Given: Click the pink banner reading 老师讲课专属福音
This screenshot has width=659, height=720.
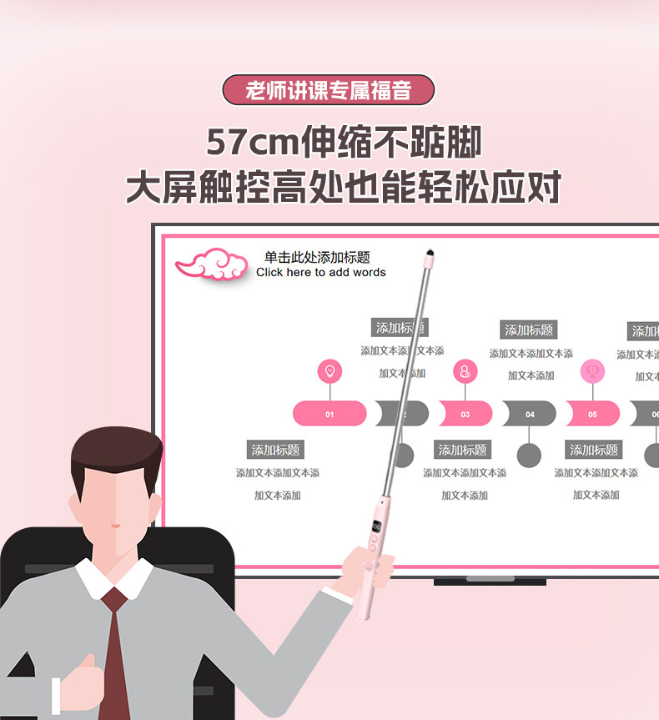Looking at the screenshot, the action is [329, 90].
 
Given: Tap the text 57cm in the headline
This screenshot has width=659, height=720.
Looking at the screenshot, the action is [252, 142].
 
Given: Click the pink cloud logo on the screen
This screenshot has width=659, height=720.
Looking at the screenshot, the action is [212, 264].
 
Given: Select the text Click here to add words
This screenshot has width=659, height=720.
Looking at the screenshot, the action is [321, 272].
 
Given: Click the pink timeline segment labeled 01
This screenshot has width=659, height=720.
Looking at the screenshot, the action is [329, 414].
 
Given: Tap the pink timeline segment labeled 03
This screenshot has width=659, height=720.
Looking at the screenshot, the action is [465, 414].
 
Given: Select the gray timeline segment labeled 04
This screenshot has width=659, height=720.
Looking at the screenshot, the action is [530, 414].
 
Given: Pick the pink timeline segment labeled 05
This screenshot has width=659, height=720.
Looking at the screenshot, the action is [592, 414].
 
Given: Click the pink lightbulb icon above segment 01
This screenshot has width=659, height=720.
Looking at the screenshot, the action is [329, 371].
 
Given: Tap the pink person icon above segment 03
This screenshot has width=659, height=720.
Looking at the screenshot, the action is [465, 371].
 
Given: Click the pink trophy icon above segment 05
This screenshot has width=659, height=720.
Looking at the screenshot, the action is [592, 370].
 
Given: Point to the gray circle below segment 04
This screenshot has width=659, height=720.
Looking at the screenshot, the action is [529, 456].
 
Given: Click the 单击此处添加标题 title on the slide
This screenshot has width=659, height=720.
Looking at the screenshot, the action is [317, 258].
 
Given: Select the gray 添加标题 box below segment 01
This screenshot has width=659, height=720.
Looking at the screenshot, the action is [276, 450].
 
